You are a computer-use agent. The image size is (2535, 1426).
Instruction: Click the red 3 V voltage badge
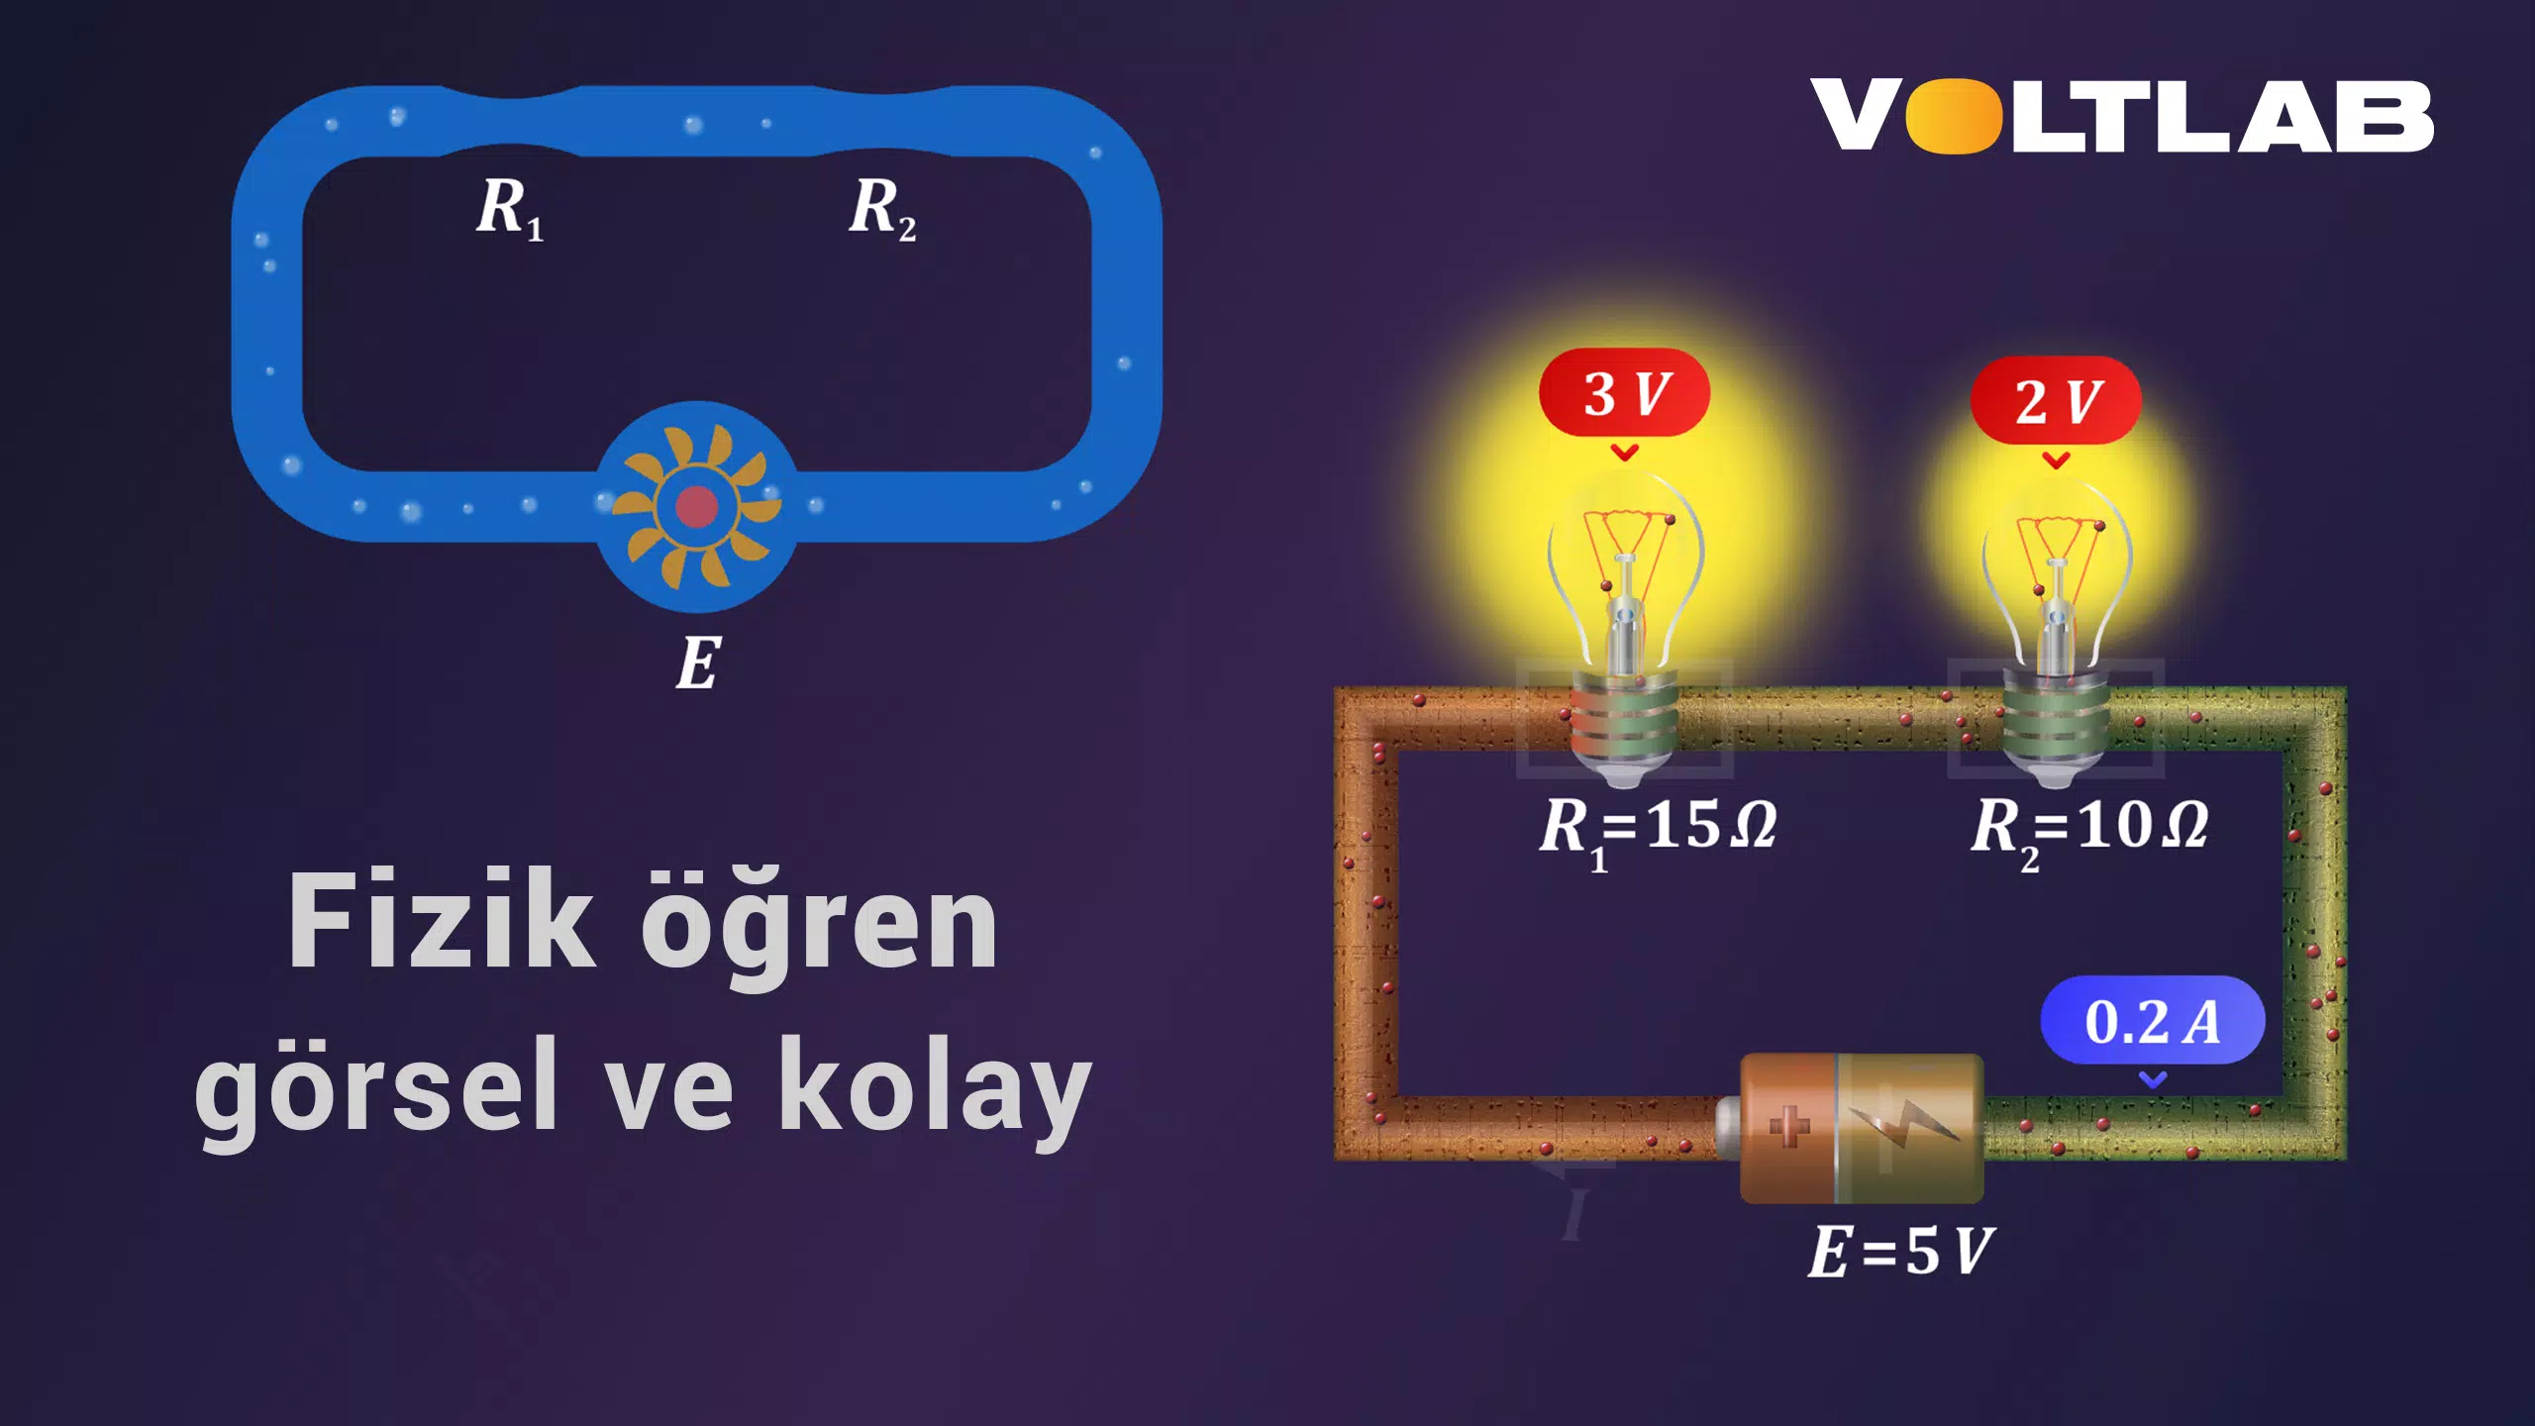[1624, 392]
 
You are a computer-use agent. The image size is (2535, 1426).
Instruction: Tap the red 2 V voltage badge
[2056, 400]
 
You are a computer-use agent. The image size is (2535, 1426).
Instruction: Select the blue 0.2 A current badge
[2153, 1020]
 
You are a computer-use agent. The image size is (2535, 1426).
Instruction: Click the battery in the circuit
[1850, 1128]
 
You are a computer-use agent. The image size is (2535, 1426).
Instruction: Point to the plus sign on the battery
[1788, 1126]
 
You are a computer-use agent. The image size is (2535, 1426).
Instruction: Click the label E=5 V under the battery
[1900, 1251]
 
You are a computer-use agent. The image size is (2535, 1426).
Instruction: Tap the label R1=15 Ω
[1658, 831]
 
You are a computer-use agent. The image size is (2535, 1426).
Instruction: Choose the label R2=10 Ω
[2089, 831]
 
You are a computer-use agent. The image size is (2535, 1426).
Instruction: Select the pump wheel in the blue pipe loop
[697, 506]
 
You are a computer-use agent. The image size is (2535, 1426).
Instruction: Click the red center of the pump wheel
[697, 506]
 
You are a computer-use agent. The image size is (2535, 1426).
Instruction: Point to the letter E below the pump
[698, 662]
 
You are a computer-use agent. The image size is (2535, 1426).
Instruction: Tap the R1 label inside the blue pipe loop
[510, 209]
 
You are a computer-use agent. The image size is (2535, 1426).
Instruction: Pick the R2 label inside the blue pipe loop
[882, 209]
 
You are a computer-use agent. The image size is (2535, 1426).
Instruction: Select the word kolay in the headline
[935, 1086]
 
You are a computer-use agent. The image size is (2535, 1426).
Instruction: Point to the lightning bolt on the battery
[1903, 1124]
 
